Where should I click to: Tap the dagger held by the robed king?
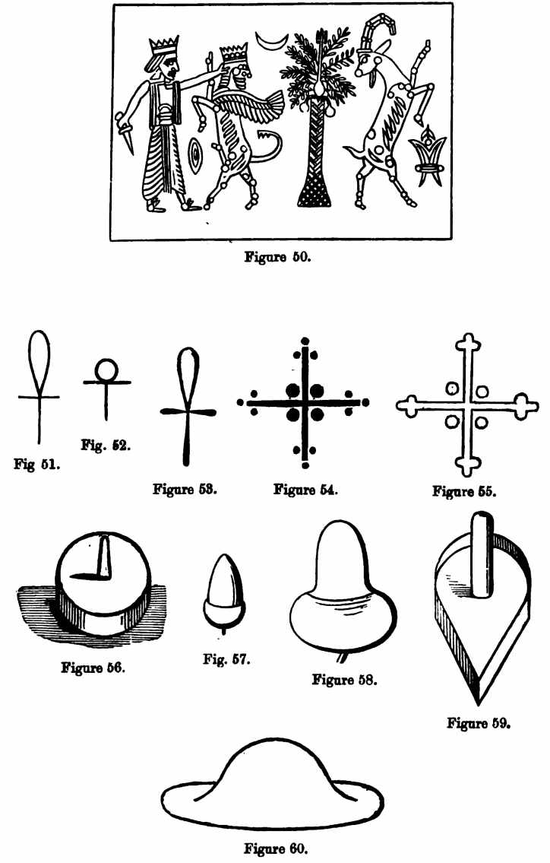coord(125,132)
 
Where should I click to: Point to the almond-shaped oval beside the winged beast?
coord(194,155)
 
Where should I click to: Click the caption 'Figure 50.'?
coord(278,256)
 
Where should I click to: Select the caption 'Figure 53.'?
coord(185,489)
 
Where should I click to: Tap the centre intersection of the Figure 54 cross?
coord(305,402)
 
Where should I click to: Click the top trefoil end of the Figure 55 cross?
coord(468,343)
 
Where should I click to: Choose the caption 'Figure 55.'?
coord(464,491)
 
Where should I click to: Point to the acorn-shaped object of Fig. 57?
coord(224,598)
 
